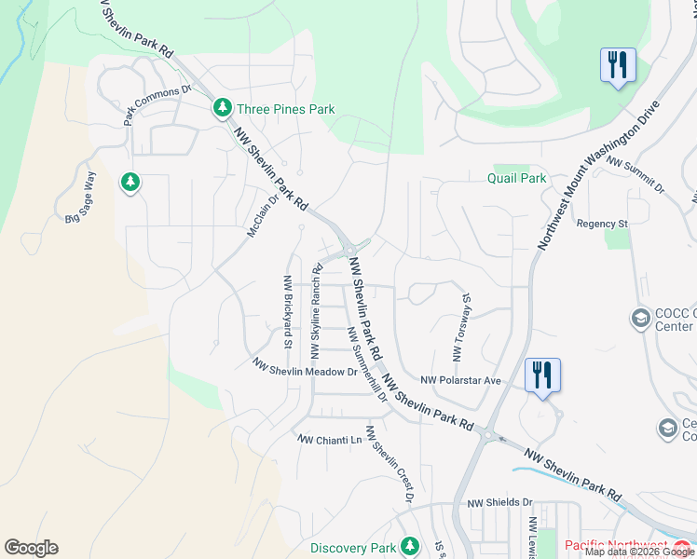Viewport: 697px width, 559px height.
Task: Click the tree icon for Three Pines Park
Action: coord(222,108)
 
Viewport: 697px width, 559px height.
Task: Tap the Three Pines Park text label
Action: coord(285,109)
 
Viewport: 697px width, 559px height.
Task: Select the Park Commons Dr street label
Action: coord(157,105)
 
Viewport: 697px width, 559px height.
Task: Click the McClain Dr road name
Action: coord(264,215)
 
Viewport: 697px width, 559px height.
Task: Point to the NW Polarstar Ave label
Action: coord(460,380)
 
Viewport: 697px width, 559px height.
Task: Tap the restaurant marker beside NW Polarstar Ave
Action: coord(542,375)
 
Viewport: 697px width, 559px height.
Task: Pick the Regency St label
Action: coord(602,224)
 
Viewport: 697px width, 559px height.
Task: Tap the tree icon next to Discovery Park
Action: coord(409,547)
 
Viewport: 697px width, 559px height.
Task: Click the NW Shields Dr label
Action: coord(499,502)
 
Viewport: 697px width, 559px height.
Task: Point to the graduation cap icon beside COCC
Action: coord(640,319)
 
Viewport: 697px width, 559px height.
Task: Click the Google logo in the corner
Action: coord(31,548)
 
